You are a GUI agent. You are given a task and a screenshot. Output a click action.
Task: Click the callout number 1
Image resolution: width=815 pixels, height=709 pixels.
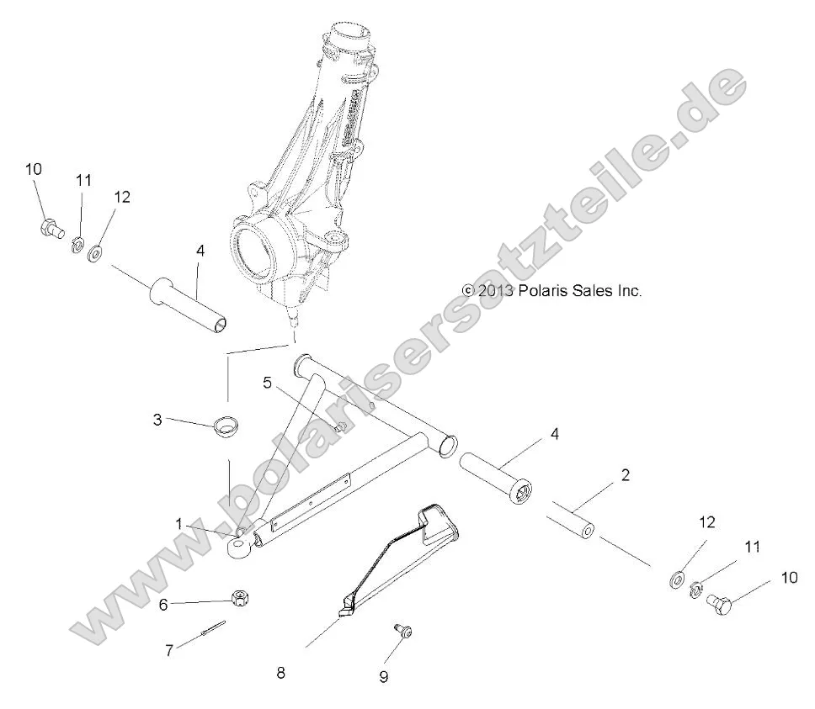tap(178, 524)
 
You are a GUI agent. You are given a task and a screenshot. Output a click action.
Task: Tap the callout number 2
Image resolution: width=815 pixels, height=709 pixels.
tap(624, 475)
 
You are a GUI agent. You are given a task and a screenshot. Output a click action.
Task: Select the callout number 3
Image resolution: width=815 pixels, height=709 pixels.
tap(157, 420)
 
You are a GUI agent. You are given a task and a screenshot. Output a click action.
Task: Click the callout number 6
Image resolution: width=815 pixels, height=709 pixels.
tap(164, 603)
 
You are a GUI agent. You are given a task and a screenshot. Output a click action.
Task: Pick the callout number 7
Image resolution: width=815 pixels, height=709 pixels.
tap(168, 650)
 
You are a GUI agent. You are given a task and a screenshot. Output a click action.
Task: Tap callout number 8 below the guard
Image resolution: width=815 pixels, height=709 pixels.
tap(280, 672)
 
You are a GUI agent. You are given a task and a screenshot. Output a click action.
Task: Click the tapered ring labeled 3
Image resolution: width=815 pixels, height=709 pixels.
tap(223, 426)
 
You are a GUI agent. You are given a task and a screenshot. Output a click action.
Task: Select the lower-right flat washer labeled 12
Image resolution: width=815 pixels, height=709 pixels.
tap(675, 579)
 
